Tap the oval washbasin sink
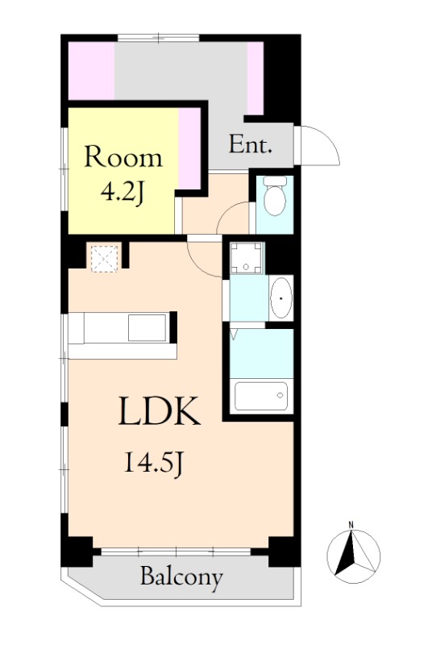click(x=281, y=298)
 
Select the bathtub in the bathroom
click(x=261, y=396)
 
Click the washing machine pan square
click(x=246, y=258)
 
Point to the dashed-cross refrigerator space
click(x=105, y=259)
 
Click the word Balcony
click(x=181, y=578)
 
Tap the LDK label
click(x=160, y=411)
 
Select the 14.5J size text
click(x=153, y=463)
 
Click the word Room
click(x=123, y=156)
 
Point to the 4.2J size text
click(x=123, y=193)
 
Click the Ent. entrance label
click(x=251, y=144)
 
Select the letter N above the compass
click(x=351, y=525)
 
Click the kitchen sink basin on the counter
click(x=147, y=327)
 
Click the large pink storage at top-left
click(x=91, y=70)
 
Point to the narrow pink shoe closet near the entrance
click(x=255, y=78)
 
